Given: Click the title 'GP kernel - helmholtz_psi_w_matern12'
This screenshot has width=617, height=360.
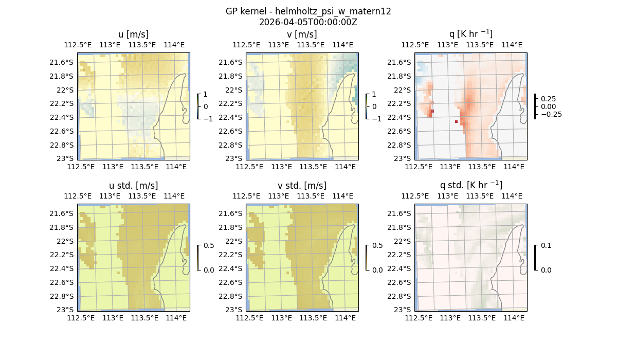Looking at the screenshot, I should click(308, 11).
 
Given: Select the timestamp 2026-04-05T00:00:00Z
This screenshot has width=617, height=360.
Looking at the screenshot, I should click(308, 22).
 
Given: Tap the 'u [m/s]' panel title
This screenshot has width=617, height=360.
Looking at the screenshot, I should click(133, 34).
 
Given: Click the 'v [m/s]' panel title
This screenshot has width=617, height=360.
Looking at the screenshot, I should click(302, 34).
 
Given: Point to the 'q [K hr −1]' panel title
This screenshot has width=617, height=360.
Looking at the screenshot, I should click(470, 34).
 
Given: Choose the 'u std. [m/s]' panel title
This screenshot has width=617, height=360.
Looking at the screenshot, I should click(133, 186).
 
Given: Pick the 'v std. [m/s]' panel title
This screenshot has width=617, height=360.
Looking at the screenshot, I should click(302, 186).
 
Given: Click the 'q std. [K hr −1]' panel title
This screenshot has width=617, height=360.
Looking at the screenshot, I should click(470, 185).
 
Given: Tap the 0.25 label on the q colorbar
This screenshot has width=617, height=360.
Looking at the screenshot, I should click(548, 99).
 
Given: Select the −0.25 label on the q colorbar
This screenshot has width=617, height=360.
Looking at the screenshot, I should click(551, 114).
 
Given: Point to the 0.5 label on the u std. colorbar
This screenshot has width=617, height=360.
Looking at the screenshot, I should click(209, 246).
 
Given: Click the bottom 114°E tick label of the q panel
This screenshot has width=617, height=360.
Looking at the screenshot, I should click(514, 167).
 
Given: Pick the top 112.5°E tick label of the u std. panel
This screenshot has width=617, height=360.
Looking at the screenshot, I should click(78, 196).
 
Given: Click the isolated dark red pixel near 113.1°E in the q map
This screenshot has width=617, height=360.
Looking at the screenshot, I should click(456, 122).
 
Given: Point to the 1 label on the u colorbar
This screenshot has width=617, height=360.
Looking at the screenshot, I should click(206, 95).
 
